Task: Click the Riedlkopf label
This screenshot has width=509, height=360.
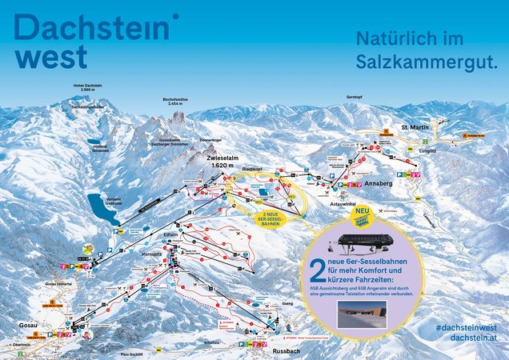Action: pyautogui.click(x=252, y=170)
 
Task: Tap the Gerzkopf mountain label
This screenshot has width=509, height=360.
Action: pyautogui.click(x=355, y=95)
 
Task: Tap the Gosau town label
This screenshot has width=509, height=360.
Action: pyautogui.click(x=26, y=325)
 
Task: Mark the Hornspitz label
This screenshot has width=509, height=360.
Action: pyautogui.click(x=151, y=253)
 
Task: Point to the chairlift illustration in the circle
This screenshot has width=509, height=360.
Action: pyautogui.click(x=364, y=241)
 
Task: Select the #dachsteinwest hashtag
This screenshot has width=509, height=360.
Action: pyautogui.click(x=468, y=328)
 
